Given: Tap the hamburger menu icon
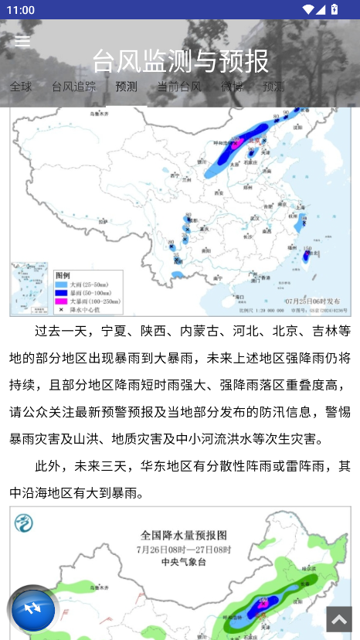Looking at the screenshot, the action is [22, 42].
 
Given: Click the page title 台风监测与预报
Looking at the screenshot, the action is [180, 60].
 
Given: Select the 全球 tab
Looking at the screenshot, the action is [21, 86].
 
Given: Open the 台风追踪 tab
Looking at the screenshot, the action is [73, 86].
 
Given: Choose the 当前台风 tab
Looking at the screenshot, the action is [179, 86].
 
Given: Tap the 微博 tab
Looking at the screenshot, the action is [232, 86].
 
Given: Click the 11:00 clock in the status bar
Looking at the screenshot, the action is [20, 10].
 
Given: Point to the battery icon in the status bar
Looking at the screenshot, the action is [334, 10].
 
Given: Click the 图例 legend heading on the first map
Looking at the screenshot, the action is [63, 275].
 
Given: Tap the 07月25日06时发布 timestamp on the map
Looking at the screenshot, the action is [312, 301].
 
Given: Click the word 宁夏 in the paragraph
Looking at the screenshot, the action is [117, 332].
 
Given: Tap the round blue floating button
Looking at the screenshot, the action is [33, 610].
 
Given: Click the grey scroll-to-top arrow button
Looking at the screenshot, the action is [338, 618].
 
